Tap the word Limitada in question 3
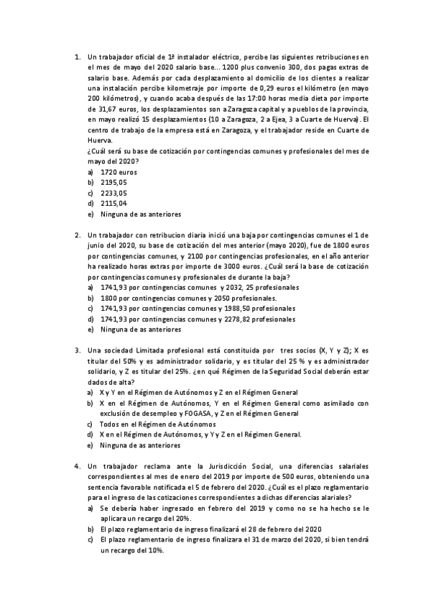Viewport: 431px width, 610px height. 169,350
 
